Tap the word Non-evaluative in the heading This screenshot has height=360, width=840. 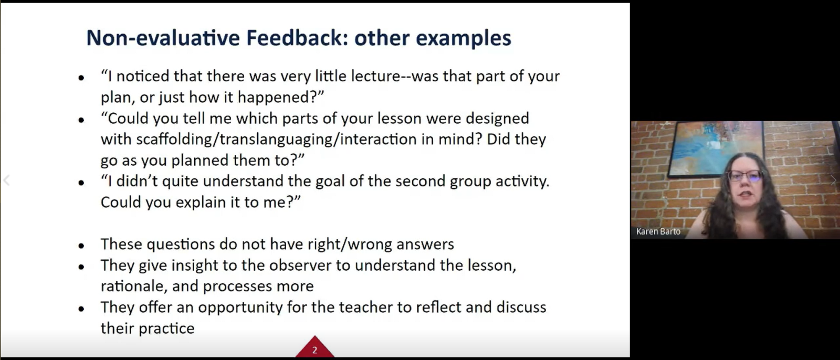pos(163,37)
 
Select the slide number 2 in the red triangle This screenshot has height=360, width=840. pos(314,350)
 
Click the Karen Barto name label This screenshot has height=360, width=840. pos(658,231)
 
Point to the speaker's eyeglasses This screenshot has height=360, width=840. pos(744,175)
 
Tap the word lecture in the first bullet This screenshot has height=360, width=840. pos(375,76)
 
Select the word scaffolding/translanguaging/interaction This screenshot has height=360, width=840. pos(277,139)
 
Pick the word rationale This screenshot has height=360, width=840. pos(133,287)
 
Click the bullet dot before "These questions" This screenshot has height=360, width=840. pos(81,246)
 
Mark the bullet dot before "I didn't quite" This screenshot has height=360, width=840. pos(81,183)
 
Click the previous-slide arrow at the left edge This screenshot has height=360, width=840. pos(6,181)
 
